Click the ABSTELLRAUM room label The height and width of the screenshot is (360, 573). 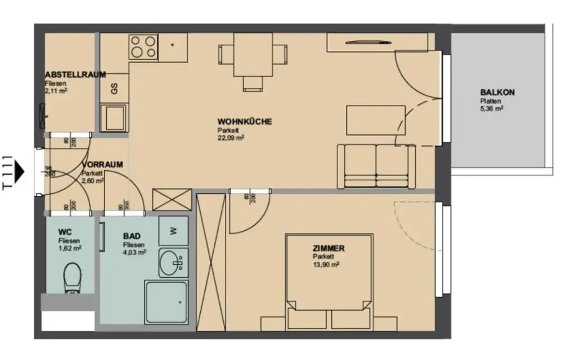76,74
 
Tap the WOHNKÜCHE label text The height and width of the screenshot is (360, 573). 245,121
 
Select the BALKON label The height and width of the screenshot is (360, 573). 497,93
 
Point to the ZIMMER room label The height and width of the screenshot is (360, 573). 328,249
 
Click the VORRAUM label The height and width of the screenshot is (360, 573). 102,165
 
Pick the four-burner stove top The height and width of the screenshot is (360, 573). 144,47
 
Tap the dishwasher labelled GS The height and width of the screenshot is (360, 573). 114,88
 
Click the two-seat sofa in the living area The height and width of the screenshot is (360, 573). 375,166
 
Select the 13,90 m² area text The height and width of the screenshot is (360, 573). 326,264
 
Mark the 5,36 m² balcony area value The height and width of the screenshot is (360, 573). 491,109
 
